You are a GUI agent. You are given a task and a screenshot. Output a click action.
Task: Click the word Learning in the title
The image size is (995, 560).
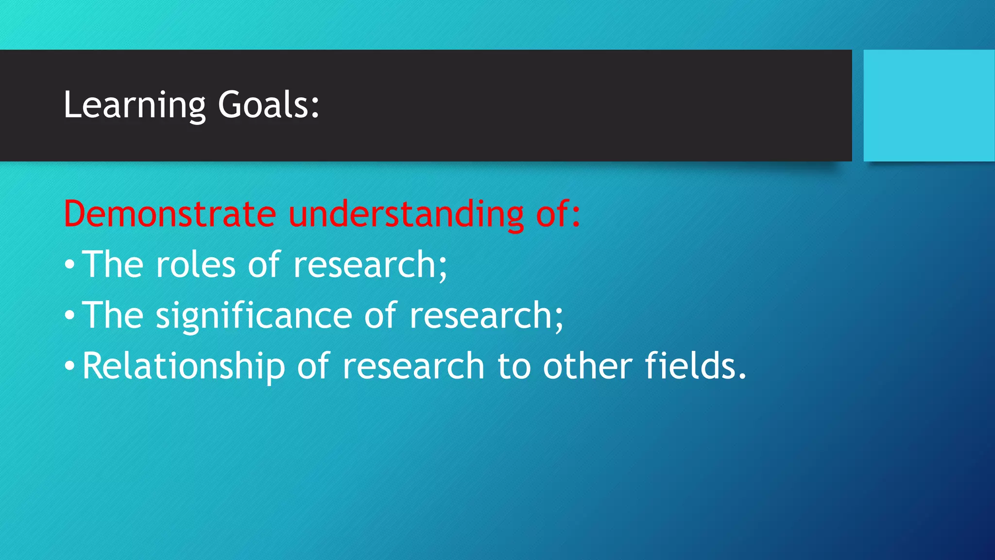click(135, 105)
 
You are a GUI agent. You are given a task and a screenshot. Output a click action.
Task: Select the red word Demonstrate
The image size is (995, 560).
click(170, 214)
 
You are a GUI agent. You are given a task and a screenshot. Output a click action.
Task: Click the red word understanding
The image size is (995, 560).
click(406, 214)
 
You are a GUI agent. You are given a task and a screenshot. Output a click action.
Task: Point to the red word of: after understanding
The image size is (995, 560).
click(558, 214)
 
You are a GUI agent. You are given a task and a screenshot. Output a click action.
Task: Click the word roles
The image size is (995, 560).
click(196, 265)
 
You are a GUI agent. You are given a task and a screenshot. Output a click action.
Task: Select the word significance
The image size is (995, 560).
click(254, 316)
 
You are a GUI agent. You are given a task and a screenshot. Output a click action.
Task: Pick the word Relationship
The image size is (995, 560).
click(183, 367)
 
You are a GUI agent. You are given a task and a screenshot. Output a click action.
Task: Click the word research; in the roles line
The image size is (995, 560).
click(370, 265)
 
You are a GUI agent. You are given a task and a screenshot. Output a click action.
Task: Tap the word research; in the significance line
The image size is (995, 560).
click(486, 316)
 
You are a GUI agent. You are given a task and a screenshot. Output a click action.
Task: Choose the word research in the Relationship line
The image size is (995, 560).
click(413, 367)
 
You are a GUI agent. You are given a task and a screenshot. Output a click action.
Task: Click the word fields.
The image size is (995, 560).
click(695, 367)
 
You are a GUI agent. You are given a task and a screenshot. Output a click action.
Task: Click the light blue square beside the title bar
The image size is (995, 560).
click(929, 105)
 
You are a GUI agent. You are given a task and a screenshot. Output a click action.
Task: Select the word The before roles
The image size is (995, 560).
click(113, 265)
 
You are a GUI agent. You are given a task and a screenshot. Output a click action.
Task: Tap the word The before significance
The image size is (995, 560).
click(113, 316)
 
